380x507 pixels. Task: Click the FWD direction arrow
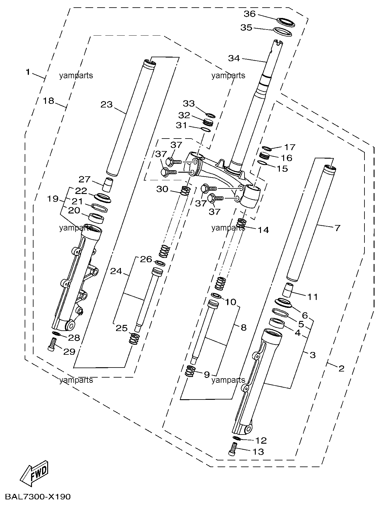[x=34, y=473]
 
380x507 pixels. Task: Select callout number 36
[x=250, y=14]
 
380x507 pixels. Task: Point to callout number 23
[x=107, y=104]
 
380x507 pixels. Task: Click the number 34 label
[x=234, y=58]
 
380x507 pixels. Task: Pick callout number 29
[x=69, y=352]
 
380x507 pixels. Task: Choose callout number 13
[x=258, y=452]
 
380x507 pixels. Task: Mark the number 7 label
[x=337, y=228]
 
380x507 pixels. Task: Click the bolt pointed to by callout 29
[x=52, y=344]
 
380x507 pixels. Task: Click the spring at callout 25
[x=134, y=339]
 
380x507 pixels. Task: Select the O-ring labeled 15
[x=262, y=163]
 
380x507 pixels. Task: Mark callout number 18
[x=48, y=101]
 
